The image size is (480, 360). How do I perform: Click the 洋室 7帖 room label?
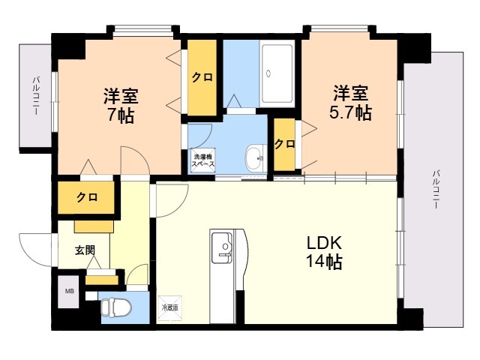pyautogui.click(x=119, y=106)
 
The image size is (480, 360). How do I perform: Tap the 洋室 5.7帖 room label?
pyautogui.click(x=351, y=103)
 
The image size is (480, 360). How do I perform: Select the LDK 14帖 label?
pyautogui.click(x=324, y=253)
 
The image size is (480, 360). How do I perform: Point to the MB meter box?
pyautogui.click(x=69, y=291)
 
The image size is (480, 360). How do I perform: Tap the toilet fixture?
pyautogui.click(x=115, y=308)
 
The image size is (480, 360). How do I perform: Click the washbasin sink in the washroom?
pyautogui.click(x=255, y=157)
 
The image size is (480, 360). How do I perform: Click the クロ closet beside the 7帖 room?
pyautogui.click(x=201, y=76)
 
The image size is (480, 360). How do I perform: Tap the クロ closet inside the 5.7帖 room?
pyautogui.click(x=283, y=144)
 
